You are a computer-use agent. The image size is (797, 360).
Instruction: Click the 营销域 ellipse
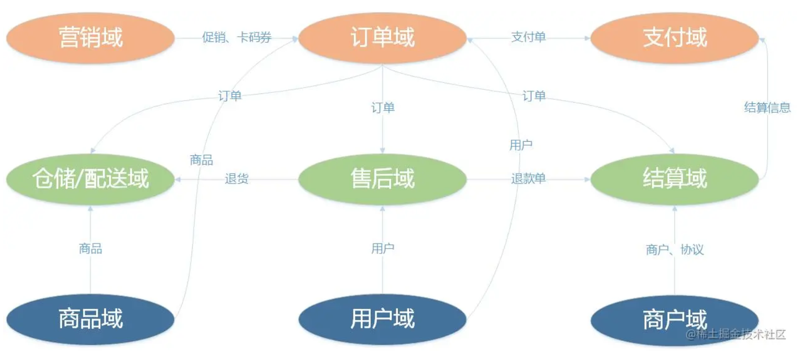pos(90,38)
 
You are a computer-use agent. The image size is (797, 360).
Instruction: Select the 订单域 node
pos(382,38)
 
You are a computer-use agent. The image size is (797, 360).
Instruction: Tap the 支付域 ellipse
pos(675,38)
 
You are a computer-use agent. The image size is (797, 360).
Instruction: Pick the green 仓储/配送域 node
pos(90,179)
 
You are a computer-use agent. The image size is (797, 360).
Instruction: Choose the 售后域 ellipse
pos(382,179)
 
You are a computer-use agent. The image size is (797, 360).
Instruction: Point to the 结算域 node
pos(675,179)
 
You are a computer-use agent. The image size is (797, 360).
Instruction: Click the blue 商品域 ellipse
pos(90,319)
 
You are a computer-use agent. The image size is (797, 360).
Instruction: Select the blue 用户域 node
pos(382,319)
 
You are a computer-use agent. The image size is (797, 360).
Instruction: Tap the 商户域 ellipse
pos(675,320)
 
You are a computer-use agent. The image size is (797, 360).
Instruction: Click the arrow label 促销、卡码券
pos(237,38)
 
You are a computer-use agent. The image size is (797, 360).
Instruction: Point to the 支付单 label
pos(528,37)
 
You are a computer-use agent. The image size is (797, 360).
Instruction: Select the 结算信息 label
pos(767,108)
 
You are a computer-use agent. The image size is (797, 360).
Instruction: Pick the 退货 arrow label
pos(237,179)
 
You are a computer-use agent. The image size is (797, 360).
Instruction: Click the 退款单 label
pos(528,179)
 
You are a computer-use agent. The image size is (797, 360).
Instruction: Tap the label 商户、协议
pos(675,249)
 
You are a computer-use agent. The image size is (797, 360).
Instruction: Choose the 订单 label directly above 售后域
pos(383,108)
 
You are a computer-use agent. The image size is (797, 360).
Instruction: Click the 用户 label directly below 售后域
pos(383,249)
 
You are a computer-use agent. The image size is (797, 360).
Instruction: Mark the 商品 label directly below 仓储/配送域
pos(90,249)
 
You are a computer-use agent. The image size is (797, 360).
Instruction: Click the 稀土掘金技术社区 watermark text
pos(736,334)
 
